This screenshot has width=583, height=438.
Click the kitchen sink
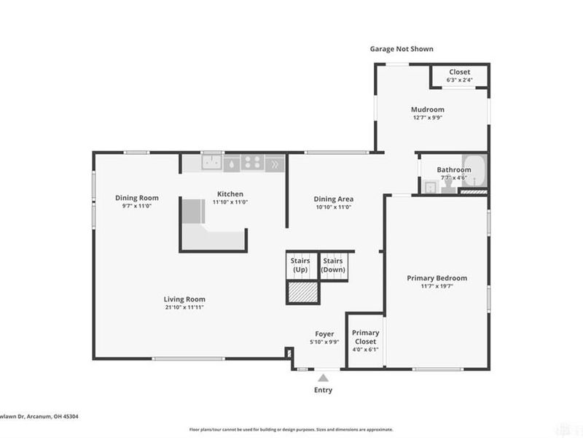(212, 163)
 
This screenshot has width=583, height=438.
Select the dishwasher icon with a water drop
(232, 164)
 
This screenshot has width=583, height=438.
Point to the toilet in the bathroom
(447, 187)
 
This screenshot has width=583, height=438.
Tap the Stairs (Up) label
(300, 265)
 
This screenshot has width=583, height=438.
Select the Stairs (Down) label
(333, 265)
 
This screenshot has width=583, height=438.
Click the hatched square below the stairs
(302, 291)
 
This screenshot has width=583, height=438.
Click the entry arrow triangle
(323, 377)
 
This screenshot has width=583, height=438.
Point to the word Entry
(323, 390)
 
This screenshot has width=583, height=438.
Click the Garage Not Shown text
(401, 49)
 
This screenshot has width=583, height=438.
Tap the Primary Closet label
(365, 337)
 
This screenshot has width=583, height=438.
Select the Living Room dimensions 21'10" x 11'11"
(184, 307)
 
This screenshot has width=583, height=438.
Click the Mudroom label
(427, 109)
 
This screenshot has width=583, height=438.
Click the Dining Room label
(137, 198)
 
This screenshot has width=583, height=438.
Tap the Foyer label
(324, 333)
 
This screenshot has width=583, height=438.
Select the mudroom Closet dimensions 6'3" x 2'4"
(459, 80)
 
